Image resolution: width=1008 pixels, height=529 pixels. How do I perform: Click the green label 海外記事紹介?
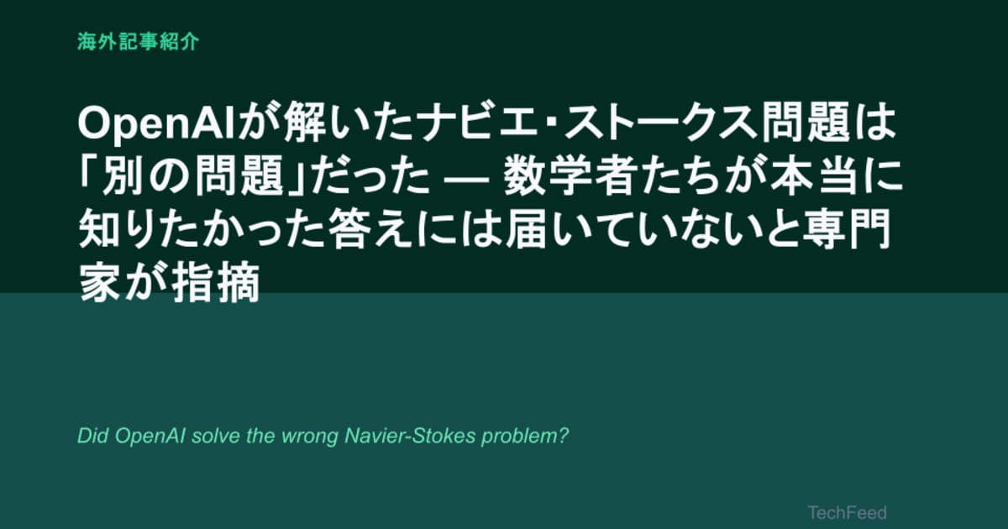point(138,42)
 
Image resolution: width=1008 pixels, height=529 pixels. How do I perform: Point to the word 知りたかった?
point(202,229)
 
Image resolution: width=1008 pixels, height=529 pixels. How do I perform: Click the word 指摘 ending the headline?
point(215,282)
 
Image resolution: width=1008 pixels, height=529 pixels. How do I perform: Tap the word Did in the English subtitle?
point(92,436)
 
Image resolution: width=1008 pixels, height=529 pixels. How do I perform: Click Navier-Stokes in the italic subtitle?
point(410,436)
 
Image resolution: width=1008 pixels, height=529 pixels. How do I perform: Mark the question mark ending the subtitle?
point(564,436)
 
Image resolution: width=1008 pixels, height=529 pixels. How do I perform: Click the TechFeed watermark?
point(847,512)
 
